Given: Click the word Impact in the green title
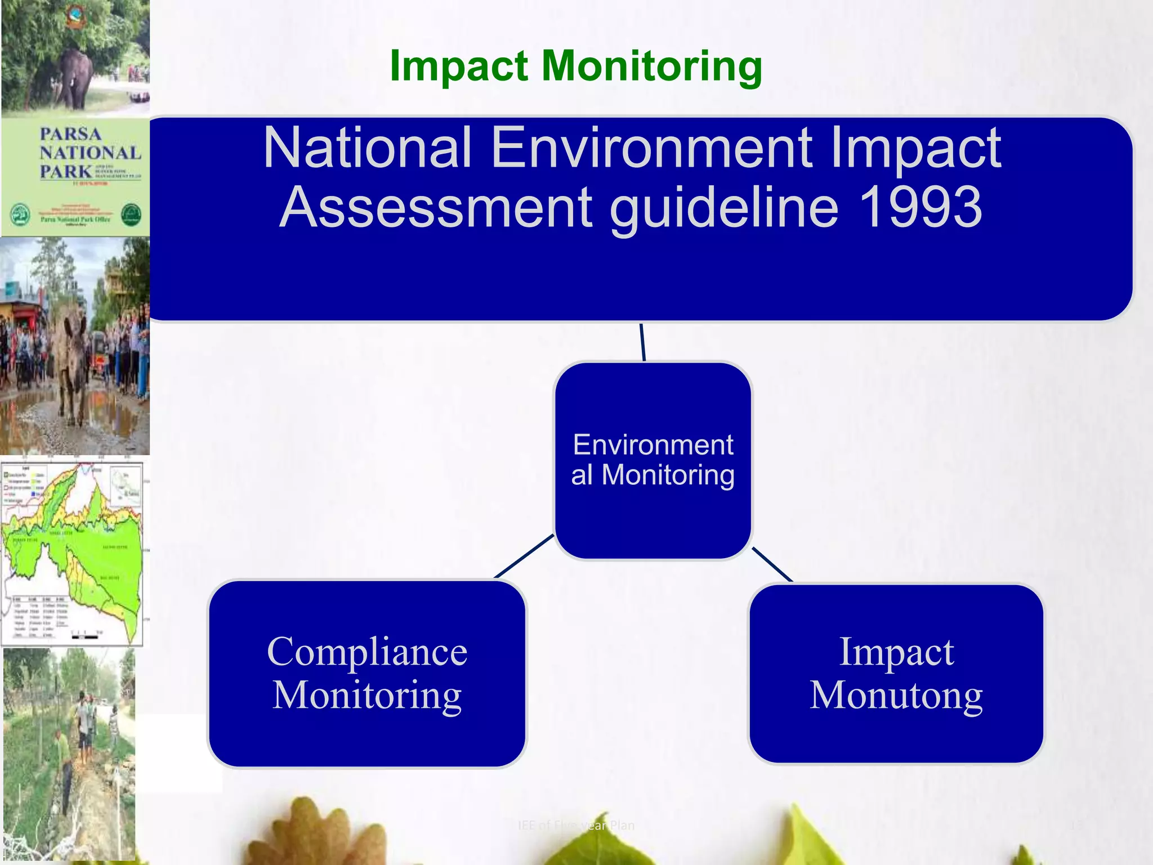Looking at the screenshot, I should [459, 66].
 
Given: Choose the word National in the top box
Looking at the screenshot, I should [367, 148].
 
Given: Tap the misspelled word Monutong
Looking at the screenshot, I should [896, 695].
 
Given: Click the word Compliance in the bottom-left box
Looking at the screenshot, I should [367, 652].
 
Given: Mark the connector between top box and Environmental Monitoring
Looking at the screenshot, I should [642, 342].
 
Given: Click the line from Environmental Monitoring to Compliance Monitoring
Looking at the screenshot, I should [524, 556].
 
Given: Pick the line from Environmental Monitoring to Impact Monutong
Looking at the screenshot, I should [772, 564].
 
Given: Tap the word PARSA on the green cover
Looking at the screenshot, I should [70, 134].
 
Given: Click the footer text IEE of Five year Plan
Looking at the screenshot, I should [576, 826].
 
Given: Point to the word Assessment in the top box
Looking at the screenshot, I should [435, 208].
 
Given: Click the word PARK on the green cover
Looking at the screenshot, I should [65, 171].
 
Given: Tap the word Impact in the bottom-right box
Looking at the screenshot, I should [896, 652].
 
